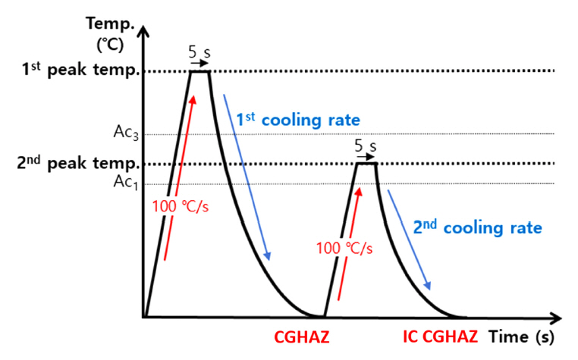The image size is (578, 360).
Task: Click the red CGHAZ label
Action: pos(301,336)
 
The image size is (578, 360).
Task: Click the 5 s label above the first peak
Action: pos(199,53)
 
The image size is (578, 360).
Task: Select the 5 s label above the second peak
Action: pos(366,146)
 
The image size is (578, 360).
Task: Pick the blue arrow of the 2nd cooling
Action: pos(410,239)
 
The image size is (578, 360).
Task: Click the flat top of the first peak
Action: pos(199,70)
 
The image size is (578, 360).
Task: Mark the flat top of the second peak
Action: pos(366,163)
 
